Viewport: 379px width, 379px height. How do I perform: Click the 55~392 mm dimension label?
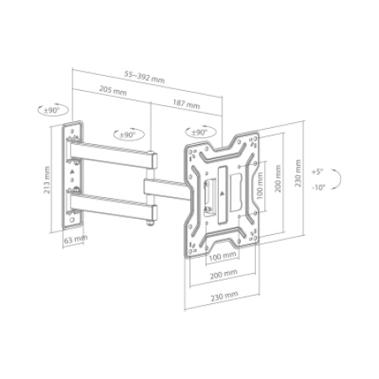tap(145, 77)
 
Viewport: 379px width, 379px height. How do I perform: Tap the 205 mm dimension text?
tap(113, 90)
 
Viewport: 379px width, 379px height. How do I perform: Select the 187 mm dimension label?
tap(186, 104)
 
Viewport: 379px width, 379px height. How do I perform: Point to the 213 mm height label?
tap(47, 180)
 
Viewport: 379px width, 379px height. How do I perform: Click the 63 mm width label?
tap(76, 239)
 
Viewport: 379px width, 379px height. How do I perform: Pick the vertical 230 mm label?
tap(298, 173)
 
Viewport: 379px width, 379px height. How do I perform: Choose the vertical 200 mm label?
tap(278, 179)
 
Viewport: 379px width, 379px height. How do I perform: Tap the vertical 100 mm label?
tap(260, 185)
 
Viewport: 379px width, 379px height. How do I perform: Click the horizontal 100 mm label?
tap(222, 256)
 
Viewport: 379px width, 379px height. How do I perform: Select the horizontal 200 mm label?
tap(224, 275)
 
